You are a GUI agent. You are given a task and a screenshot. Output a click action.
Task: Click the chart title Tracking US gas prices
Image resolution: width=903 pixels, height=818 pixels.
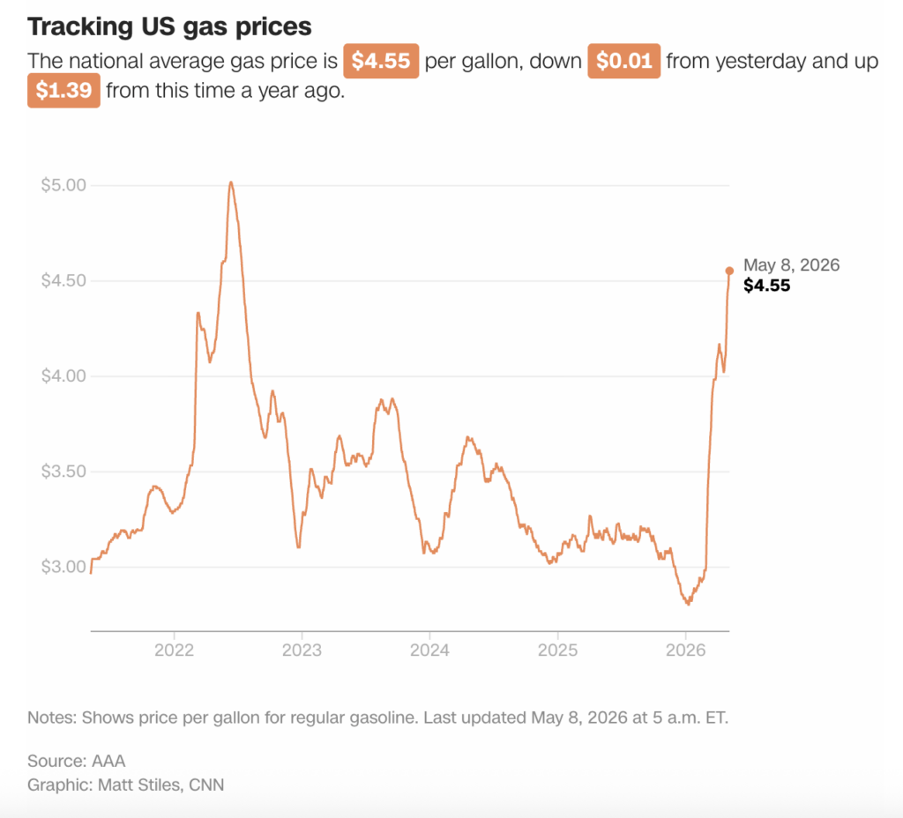pyautogui.click(x=169, y=27)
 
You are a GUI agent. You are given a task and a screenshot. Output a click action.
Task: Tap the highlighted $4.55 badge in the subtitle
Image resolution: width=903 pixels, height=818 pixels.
pyautogui.click(x=381, y=61)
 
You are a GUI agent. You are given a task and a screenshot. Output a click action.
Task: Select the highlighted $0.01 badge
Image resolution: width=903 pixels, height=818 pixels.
pyautogui.click(x=623, y=61)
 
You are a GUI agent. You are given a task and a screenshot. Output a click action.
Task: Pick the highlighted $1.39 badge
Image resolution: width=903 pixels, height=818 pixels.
pyautogui.click(x=63, y=91)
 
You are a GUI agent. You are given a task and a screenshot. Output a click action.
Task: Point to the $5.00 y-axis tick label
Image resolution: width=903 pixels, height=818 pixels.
pyautogui.click(x=63, y=185)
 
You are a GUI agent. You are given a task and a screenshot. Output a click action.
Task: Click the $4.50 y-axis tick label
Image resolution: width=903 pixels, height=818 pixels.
pyautogui.click(x=63, y=280)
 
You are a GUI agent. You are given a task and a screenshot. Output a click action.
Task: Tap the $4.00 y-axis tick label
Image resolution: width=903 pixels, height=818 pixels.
pyautogui.click(x=63, y=376)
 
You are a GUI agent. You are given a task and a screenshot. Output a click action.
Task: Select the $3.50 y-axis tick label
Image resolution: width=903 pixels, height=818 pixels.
pyautogui.click(x=63, y=472)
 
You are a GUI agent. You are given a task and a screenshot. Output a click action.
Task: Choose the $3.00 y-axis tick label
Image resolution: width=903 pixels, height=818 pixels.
pyautogui.click(x=63, y=567)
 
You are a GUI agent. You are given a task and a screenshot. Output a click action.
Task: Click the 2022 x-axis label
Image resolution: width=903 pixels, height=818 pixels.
pyautogui.click(x=174, y=650)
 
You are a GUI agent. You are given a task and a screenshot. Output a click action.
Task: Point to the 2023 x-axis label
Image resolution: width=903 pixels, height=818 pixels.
pyautogui.click(x=302, y=650)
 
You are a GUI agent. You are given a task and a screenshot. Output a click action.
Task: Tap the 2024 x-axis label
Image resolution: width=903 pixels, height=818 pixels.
pyautogui.click(x=429, y=650)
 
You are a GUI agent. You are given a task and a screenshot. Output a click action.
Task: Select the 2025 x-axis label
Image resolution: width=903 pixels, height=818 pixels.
pyautogui.click(x=557, y=650)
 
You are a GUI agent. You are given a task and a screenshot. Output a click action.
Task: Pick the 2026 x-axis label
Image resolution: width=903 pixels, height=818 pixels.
pyautogui.click(x=685, y=650)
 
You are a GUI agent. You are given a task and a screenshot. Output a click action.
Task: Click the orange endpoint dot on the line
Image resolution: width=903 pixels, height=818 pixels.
pyautogui.click(x=729, y=271)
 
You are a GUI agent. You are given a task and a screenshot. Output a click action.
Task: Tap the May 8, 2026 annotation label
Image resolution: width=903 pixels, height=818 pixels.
pyautogui.click(x=791, y=264)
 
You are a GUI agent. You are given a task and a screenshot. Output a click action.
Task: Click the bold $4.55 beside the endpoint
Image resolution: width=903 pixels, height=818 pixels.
pyautogui.click(x=766, y=286)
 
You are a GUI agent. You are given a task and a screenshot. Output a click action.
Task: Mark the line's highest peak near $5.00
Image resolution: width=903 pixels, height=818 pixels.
pyautogui.click(x=231, y=182)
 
